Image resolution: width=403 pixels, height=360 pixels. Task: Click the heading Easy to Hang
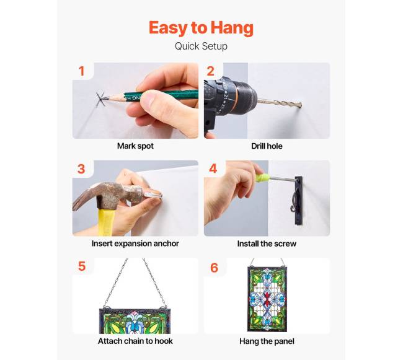(x=201, y=28)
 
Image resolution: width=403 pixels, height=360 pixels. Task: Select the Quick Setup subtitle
(x=201, y=46)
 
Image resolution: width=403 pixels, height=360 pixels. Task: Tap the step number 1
(x=82, y=71)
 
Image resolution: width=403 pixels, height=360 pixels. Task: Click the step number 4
(x=213, y=169)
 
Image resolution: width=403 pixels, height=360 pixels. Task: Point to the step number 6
(x=214, y=268)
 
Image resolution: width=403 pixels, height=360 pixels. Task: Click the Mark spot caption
(x=135, y=146)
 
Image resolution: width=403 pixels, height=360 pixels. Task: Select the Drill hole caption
(x=267, y=146)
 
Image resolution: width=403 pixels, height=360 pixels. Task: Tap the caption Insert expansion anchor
(x=135, y=244)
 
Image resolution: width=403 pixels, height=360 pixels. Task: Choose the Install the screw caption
(x=267, y=244)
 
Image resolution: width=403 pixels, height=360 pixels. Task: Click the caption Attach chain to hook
(x=135, y=341)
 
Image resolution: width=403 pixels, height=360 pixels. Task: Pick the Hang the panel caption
(x=267, y=341)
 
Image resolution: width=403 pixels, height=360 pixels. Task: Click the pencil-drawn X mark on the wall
(x=99, y=99)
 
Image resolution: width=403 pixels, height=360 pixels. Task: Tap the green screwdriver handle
(x=262, y=177)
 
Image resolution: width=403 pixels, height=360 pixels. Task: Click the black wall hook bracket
(x=298, y=200)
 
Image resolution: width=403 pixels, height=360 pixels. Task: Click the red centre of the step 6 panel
(x=267, y=298)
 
